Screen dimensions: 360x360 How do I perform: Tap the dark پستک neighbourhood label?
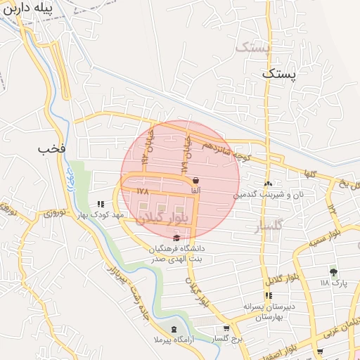(x=280, y=72)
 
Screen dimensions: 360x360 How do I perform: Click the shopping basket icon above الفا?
(x=195, y=181)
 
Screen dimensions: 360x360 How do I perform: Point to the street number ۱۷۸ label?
(x=143, y=191)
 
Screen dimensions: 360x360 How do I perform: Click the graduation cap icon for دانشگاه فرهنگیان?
(x=176, y=238)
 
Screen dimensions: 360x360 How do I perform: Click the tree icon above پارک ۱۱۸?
(x=333, y=272)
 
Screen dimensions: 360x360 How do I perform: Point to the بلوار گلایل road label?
(x=283, y=276)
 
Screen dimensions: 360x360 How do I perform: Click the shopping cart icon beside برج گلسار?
(x=226, y=328)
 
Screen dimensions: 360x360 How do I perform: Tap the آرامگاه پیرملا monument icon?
(x=174, y=330)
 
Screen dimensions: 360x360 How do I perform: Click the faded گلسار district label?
(x=266, y=225)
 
